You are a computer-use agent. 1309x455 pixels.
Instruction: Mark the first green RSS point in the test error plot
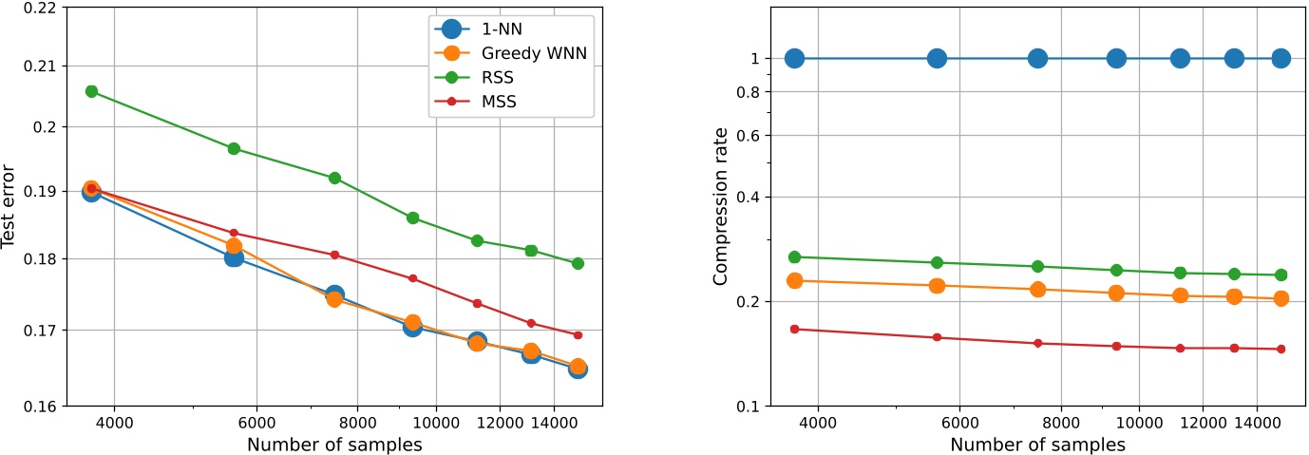point(91,91)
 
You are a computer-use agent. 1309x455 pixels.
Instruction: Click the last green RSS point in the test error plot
point(578,263)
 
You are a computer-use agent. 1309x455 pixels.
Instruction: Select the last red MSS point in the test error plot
point(578,335)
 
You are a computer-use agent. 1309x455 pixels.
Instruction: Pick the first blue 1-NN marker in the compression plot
point(794,59)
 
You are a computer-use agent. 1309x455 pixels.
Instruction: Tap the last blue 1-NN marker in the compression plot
point(1281,59)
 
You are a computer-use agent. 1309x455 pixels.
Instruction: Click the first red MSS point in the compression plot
point(794,329)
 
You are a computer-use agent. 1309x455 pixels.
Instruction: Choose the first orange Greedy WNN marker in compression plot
point(794,280)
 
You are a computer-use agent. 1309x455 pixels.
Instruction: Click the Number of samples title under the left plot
point(334,444)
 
